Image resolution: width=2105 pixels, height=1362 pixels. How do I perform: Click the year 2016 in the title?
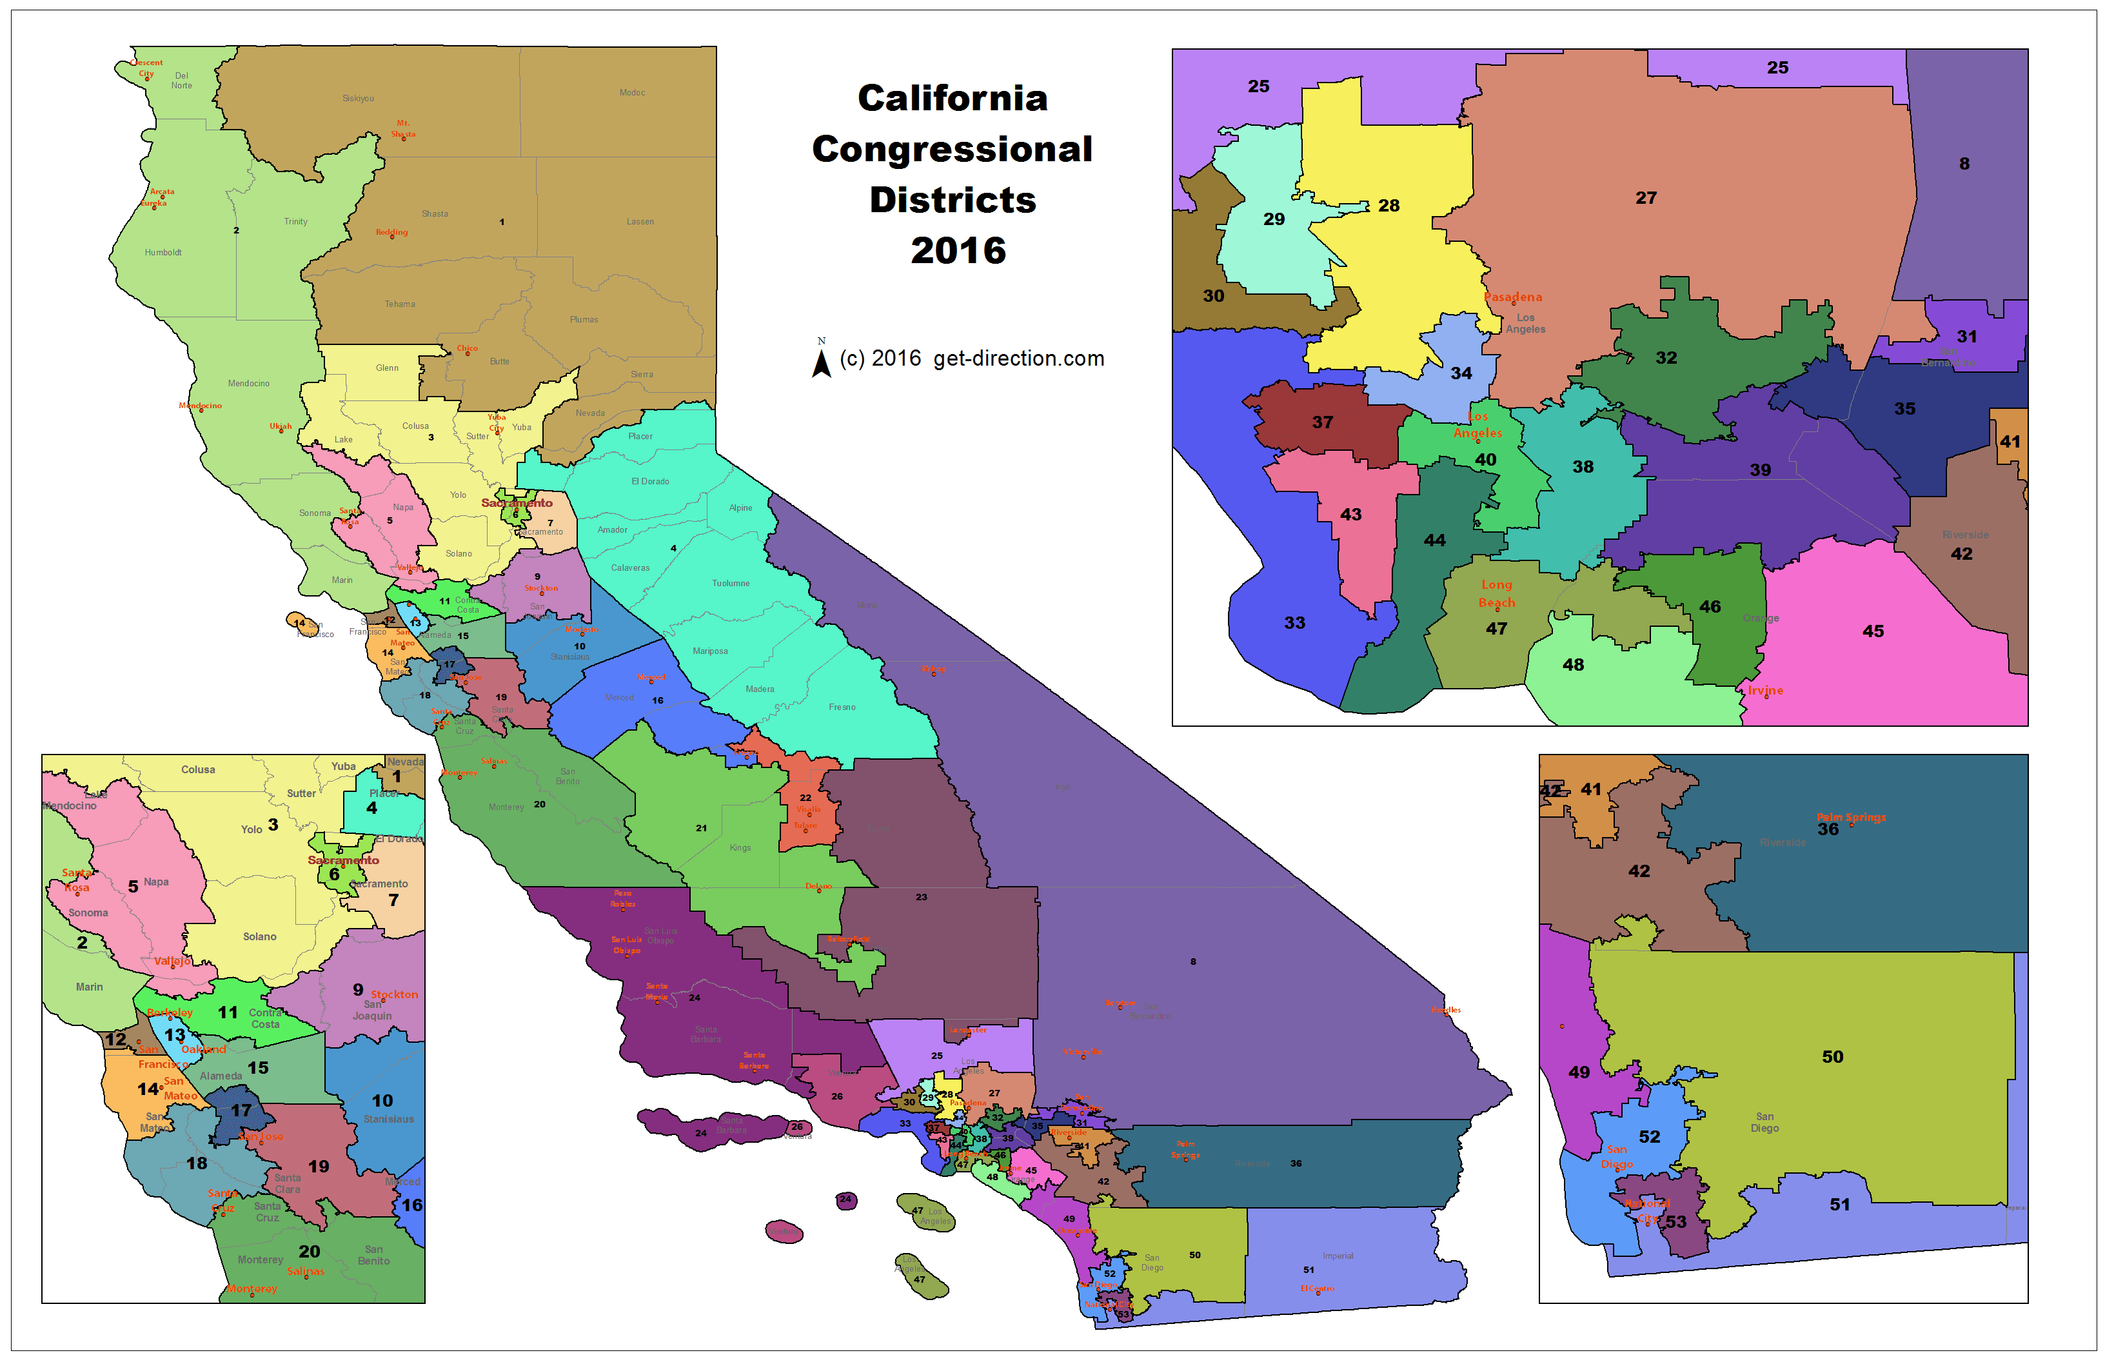click(958, 251)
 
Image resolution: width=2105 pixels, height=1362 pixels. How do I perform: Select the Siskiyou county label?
click(358, 98)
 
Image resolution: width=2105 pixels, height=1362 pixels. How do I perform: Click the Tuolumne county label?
click(731, 584)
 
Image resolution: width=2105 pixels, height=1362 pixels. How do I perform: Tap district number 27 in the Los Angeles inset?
click(1645, 198)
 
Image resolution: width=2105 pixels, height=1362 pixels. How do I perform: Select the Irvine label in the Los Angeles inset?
click(1764, 691)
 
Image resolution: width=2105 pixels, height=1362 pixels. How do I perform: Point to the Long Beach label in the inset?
click(1496, 593)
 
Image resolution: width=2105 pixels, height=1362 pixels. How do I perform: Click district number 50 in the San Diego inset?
click(1832, 1057)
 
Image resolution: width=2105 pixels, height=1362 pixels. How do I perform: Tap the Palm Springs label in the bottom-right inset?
click(1850, 817)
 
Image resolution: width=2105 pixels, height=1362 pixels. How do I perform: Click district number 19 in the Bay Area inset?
click(319, 1167)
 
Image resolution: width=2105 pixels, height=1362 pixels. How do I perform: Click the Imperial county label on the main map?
click(1338, 1256)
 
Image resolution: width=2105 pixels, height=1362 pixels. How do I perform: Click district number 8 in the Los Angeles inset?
click(1964, 164)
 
